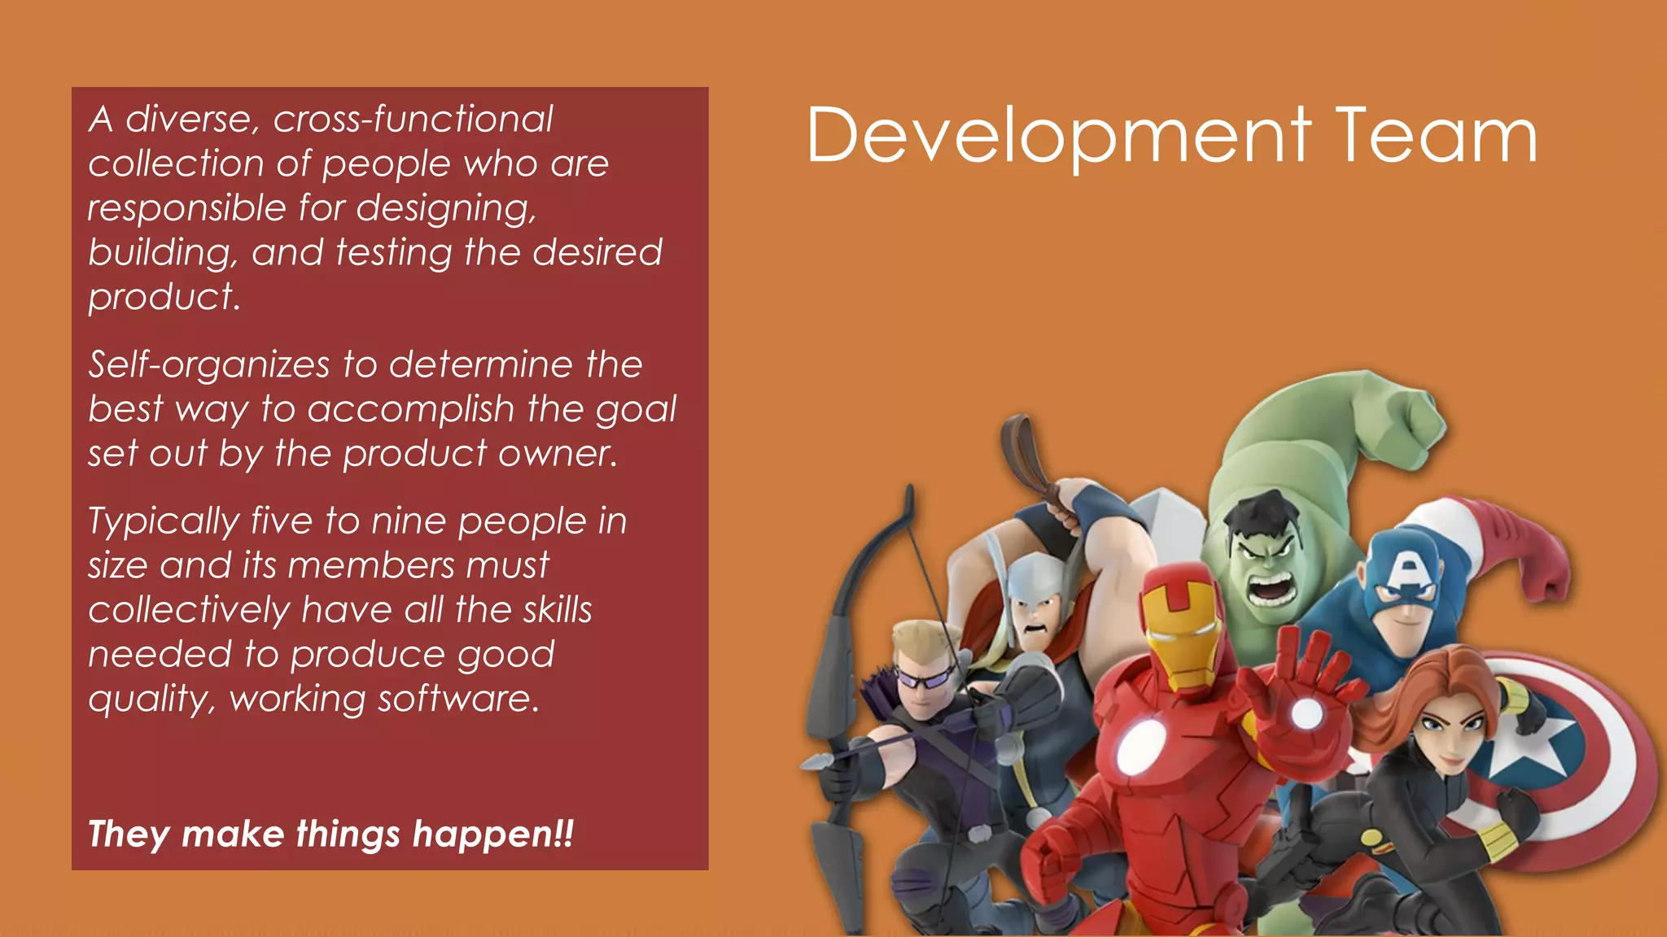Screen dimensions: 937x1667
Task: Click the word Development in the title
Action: click(x=1058, y=137)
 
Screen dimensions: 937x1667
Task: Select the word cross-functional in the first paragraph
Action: click(x=413, y=120)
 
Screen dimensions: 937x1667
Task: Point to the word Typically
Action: click(x=164, y=522)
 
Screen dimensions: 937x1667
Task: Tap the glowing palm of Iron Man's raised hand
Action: click(x=1306, y=713)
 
